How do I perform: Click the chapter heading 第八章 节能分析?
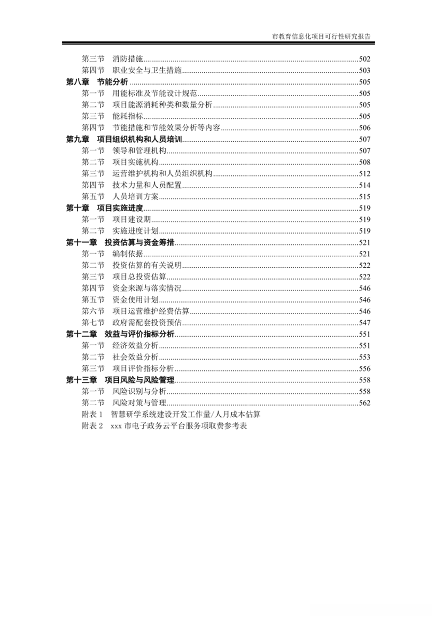pos(97,82)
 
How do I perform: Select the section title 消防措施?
pos(128,59)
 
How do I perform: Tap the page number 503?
pos(364,71)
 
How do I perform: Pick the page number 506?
pos(364,128)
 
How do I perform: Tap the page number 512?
pos(364,173)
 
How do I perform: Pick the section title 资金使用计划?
pos(135,299)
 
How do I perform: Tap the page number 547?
pos(364,322)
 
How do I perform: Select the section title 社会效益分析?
pos(135,356)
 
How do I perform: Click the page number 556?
pos(364,368)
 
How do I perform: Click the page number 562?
pos(364,403)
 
